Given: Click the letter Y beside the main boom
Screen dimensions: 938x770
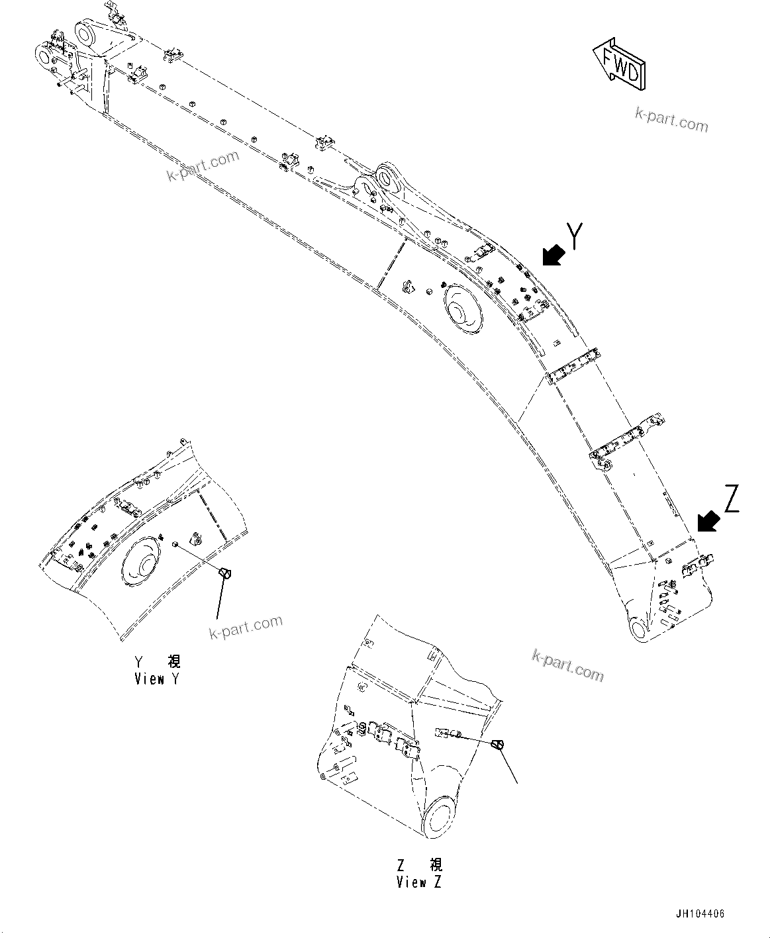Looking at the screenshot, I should (x=575, y=236).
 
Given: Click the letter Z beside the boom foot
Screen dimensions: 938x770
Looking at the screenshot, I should (x=731, y=498).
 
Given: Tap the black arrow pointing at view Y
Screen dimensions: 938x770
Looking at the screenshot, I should (x=553, y=255).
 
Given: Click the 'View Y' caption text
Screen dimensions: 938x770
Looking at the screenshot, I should (x=156, y=679).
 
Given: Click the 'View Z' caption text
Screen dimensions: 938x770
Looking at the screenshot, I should (x=418, y=882).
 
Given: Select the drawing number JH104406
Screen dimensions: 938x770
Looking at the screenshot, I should (x=700, y=914).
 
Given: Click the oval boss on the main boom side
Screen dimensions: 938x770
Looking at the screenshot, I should (x=461, y=309).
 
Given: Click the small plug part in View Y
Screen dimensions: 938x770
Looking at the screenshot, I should (x=225, y=573).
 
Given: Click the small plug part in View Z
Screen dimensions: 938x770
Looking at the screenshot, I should (x=500, y=745).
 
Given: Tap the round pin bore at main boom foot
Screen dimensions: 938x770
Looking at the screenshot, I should (x=638, y=628).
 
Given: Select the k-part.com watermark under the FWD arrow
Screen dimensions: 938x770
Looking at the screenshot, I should (x=671, y=120).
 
